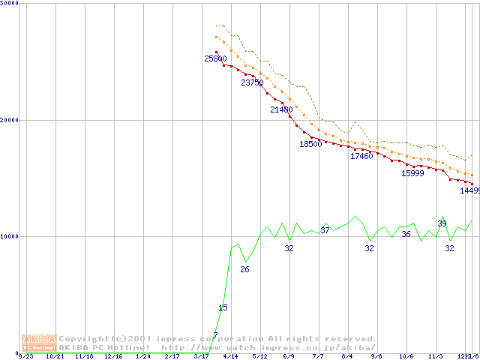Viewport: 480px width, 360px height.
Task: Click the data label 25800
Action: pyautogui.click(x=215, y=58)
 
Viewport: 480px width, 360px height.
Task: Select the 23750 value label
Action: pyautogui.click(x=252, y=82)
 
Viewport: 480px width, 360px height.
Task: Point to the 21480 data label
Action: pyautogui.click(x=281, y=109)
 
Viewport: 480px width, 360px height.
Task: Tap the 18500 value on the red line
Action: pyautogui.click(x=310, y=144)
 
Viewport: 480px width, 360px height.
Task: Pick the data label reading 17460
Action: pyautogui.click(x=361, y=156)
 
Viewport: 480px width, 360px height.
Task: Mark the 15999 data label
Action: pyautogui.click(x=412, y=173)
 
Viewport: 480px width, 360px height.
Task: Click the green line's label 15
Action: pyautogui.click(x=223, y=307)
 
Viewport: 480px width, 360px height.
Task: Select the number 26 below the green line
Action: pyautogui.click(x=244, y=269)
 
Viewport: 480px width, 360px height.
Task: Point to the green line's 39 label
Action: pyautogui.click(x=442, y=223)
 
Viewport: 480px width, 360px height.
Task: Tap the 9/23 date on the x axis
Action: pyautogui.click(x=25, y=357)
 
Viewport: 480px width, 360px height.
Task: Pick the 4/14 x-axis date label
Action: pyautogui.click(x=230, y=357)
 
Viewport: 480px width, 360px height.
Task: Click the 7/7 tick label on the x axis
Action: pyautogui.click(x=318, y=357)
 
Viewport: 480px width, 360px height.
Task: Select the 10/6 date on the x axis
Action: pyautogui.click(x=406, y=357)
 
